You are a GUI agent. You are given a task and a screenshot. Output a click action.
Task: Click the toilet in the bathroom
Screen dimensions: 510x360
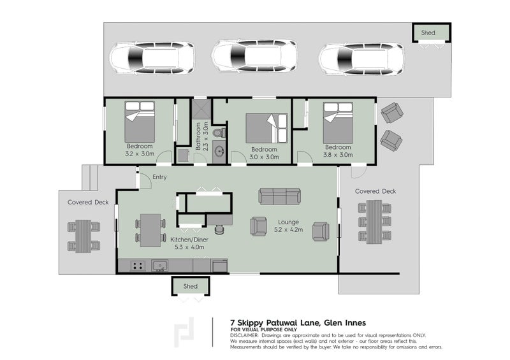[x=219, y=133]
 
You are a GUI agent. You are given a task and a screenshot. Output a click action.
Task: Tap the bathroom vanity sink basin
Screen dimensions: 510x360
[x=220, y=150]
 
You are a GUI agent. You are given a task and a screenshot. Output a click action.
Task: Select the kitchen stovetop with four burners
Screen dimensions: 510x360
[x=138, y=266]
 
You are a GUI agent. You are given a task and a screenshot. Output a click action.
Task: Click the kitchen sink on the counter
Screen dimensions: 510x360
[x=160, y=266]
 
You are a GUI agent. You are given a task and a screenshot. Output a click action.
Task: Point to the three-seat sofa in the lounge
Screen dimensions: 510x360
[x=279, y=196]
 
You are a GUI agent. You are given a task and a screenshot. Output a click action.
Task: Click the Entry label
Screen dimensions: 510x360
[x=159, y=177]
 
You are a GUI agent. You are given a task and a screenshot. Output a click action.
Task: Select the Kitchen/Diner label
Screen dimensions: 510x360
[x=189, y=240]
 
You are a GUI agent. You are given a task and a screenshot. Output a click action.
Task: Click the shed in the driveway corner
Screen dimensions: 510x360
[x=432, y=32]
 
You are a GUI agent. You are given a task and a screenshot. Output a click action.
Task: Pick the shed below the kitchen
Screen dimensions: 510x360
[x=191, y=286]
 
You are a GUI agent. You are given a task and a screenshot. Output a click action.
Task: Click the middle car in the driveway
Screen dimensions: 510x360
[x=254, y=57]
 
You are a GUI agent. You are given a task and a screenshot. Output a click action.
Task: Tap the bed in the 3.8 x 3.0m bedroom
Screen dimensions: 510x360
[x=338, y=122]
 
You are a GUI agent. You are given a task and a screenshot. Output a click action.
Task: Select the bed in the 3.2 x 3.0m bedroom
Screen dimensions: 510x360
[x=140, y=122]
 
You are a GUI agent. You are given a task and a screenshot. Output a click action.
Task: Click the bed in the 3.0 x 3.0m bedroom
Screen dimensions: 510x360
[x=266, y=128]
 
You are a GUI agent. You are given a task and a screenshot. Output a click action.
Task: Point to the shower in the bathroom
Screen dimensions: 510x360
[x=201, y=108]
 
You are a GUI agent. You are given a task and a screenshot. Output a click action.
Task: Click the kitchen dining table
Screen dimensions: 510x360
[x=150, y=230]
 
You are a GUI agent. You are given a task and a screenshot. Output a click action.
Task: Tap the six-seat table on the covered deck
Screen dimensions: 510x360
[x=374, y=222]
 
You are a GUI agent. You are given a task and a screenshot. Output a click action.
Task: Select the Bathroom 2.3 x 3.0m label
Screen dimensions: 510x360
[x=201, y=136]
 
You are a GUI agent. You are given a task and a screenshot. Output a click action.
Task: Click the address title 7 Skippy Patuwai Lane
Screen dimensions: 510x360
[x=276, y=323]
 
